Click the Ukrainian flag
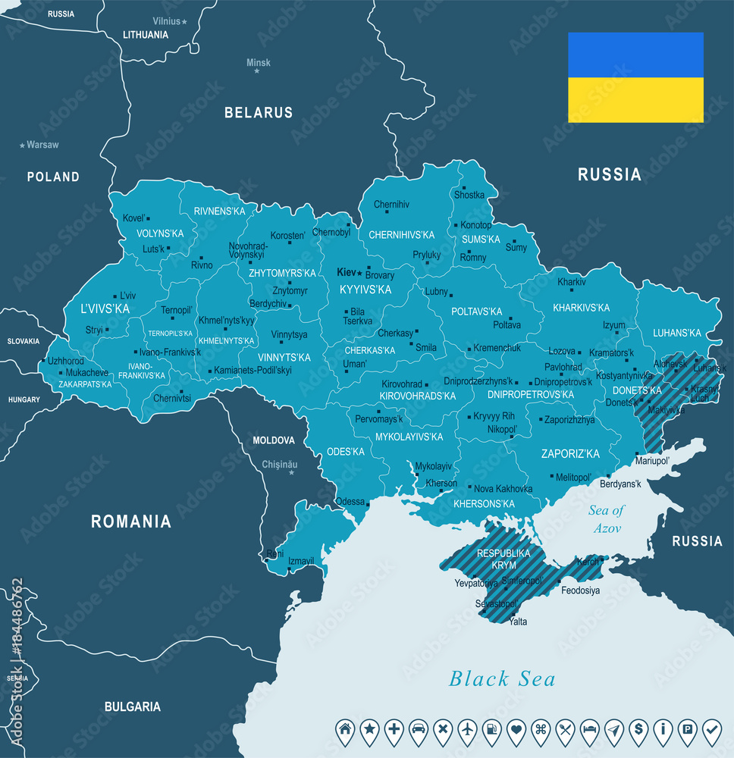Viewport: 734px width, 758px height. point(635,77)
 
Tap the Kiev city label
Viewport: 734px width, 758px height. point(346,272)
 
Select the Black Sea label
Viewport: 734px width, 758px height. point(502,678)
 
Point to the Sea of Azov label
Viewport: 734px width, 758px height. point(606,518)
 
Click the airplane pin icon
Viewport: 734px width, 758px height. point(468,729)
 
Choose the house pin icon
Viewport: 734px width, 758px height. point(346,729)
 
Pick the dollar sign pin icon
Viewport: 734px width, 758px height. point(638,729)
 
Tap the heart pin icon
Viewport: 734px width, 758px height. point(516,729)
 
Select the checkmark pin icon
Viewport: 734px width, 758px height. point(712,729)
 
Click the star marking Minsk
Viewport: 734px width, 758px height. point(257,70)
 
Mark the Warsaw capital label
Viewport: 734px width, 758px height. point(42,144)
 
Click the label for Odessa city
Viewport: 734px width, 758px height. point(350,501)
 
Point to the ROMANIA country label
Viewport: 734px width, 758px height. point(131,522)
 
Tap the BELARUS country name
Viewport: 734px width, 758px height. point(258,113)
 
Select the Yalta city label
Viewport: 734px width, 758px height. point(519,622)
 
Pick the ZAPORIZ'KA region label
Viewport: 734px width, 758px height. point(570,454)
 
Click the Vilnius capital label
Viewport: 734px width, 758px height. point(166,21)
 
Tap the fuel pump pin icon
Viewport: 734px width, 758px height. point(492,729)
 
